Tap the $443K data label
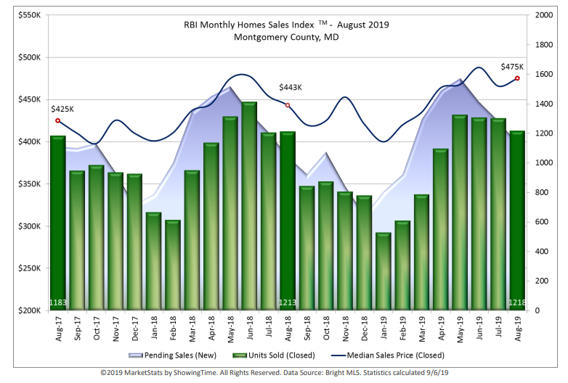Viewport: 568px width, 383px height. pyautogui.click(x=291, y=88)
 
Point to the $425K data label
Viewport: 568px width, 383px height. pyautogui.click(x=62, y=110)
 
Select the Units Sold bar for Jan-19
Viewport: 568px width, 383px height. pyautogui.click(x=383, y=272)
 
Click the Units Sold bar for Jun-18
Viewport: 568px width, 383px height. pyautogui.click(x=249, y=207)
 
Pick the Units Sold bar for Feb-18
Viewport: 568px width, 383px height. pyautogui.click(x=172, y=265)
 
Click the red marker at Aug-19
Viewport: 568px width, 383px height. pyautogui.click(x=517, y=78)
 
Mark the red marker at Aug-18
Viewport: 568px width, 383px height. pyautogui.click(x=288, y=105)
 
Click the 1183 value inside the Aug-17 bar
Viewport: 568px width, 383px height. pyautogui.click(x=58, y=302)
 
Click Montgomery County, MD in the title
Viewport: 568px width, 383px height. pyautogui.click(x=286, y=37)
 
